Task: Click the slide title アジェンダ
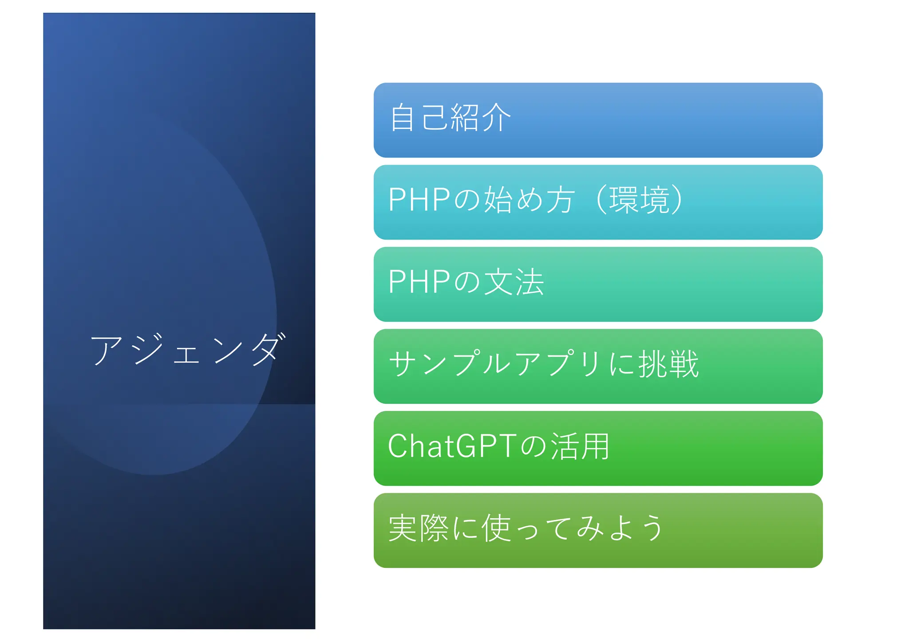[x=186, y=350]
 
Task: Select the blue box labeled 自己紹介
[x=597, y=120]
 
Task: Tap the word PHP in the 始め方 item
[x=419, y=199]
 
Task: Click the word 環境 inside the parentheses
[x=639, y=200]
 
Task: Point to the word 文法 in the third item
[x=514, y=282]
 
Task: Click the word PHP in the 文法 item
[x=419, y=282]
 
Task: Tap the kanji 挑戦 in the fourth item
[x=668, y=364]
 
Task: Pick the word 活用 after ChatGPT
[x=581, y=446]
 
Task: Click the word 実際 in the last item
[x=419, y=528]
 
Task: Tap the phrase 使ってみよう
[x=573, y=528]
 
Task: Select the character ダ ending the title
[x=268, y=350]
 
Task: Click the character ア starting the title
[x=107, y=350]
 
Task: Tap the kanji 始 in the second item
[x=499, y=200]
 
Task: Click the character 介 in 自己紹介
[x=496, y=118]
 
